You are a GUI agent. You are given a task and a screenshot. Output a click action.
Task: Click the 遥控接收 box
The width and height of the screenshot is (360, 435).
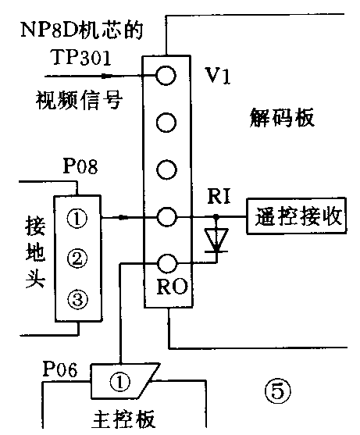coord(296,216)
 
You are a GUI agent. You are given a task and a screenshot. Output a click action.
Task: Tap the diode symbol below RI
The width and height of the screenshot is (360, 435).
coord(218,239)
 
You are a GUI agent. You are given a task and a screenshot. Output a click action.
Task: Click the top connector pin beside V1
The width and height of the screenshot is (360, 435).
coord(166,75)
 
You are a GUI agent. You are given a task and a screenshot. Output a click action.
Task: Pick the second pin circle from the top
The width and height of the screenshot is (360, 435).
coord(166,122)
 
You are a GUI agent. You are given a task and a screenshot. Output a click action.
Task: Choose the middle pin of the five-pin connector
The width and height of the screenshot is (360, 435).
coord(166,169)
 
